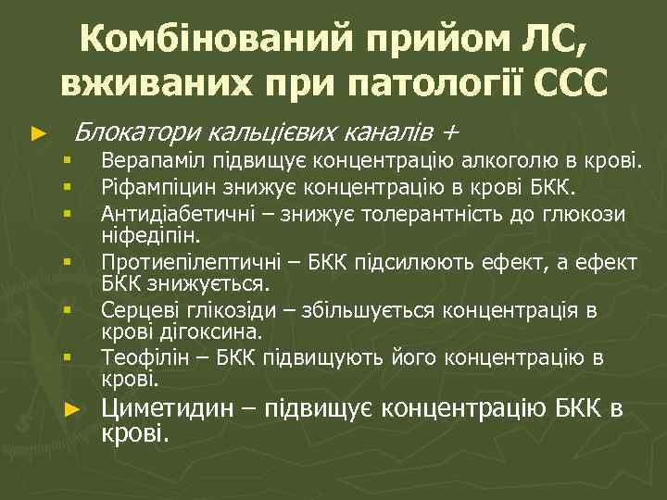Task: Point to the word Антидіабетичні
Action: (x=173, y=215)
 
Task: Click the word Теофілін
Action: (x=140, y=356)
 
